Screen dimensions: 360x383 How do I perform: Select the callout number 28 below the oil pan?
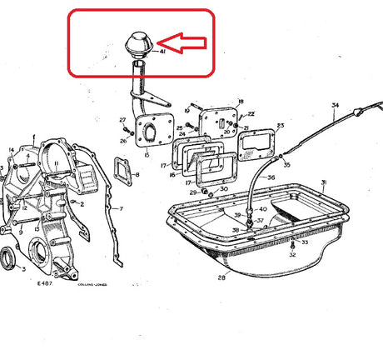[x=222, y=277]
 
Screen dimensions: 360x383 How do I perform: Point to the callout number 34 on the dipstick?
[x=335, y=105]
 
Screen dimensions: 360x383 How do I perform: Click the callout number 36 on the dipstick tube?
[x=271, y=178]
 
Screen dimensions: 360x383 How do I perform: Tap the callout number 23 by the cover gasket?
[x=280, y=126]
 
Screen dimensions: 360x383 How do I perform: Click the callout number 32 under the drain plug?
[x=292, y=256]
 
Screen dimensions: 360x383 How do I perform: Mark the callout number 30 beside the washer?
[x=223, y=190]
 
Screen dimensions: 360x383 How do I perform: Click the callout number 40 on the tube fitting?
[x=263, y=209]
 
